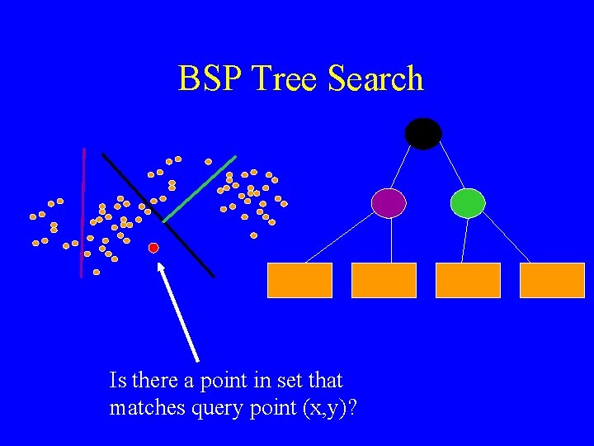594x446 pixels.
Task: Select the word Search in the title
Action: pyautogui.click(x=375, y=79)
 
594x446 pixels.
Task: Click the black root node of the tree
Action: pyautogui.click(x=423, y=134)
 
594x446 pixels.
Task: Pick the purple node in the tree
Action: pyautogui.click(x=389, y=203)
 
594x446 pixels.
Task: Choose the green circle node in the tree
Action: pyautogui.click(x=468, y=203)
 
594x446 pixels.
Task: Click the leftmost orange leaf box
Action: pyautogui.click(x=299, y=280)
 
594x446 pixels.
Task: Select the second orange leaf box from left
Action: pyautogui.click(x=384, y=280)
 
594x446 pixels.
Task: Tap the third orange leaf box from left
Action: pyautogui.click(x=468, y=280)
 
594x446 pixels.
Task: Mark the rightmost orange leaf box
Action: pyautogui.click(x=552, y=280)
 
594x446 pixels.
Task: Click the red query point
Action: pyautogui.click(x=153, y=248)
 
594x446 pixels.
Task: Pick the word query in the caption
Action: pyautogui.click(x=212, y=408)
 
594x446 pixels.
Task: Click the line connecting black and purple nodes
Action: pyautogui.click(x=403, y=167)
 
